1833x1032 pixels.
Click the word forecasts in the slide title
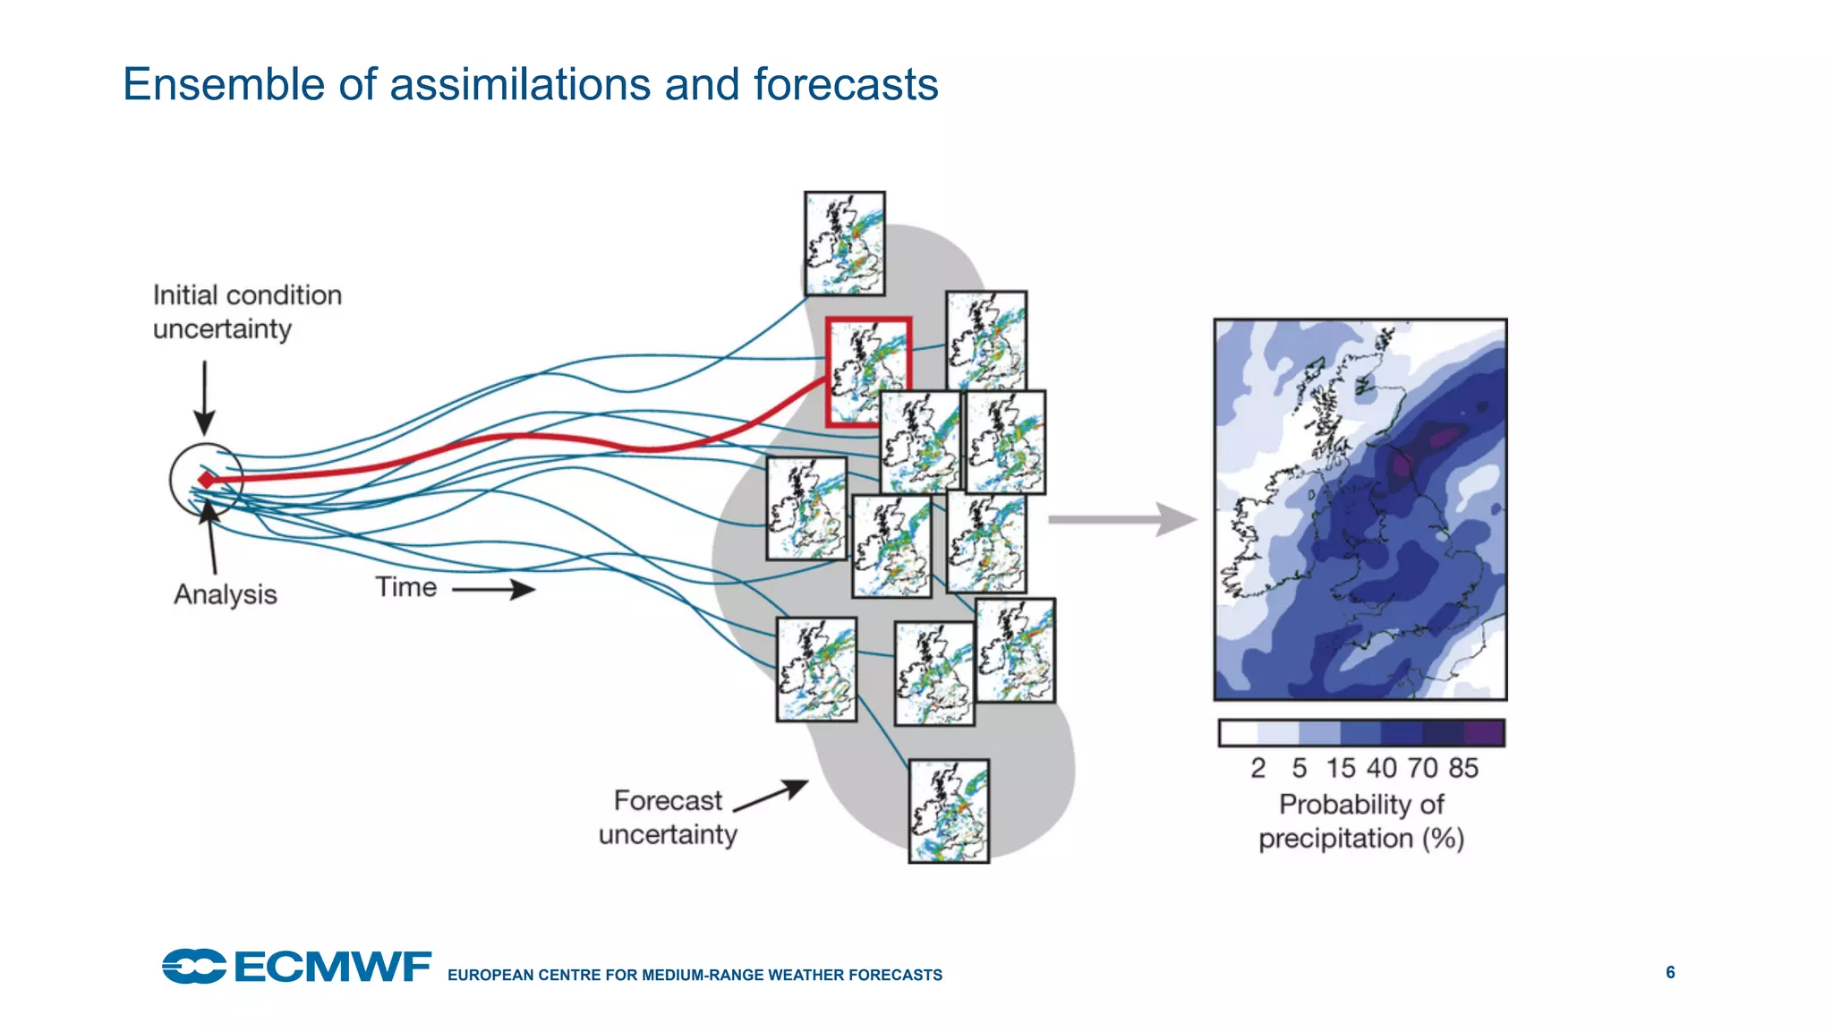click(845, 85)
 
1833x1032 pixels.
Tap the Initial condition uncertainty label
click(247, 311)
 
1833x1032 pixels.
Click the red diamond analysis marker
click(207, 480)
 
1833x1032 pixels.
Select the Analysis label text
click(226, 594)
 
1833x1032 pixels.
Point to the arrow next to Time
click(493, 589)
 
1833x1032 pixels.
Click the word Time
click(405, 587)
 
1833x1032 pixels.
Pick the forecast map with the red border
click(867, 371)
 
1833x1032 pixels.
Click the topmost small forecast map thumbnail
click(844, 243)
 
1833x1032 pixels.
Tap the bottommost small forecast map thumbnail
click(949, 811)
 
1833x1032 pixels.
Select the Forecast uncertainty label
click(668, 817)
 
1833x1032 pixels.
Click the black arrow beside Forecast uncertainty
click(771, 796)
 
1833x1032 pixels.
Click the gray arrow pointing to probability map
click(1122, 519)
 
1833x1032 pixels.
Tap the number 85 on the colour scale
click(1463, 768)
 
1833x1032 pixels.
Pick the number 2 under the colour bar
click(1258, 768)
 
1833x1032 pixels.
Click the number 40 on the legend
click(1381, 768)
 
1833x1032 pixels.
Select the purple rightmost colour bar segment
click(1485, 733)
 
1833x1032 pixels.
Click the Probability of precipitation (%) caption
click(1361, 822)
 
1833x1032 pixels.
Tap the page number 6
click(1670, 972)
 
